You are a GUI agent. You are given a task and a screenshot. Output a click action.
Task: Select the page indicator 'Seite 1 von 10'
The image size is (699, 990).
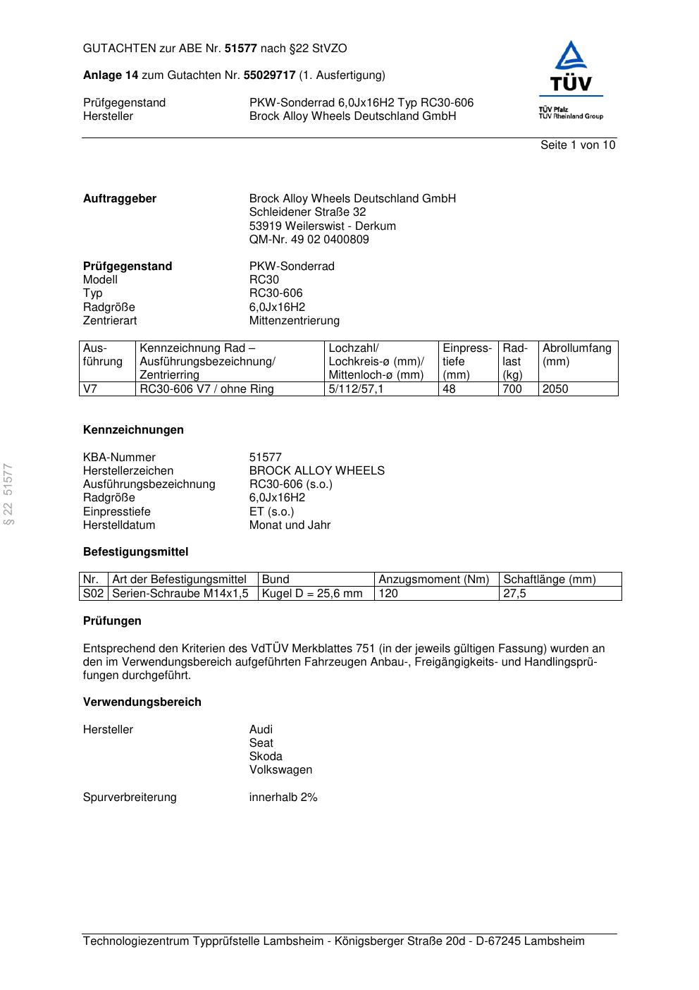pos(577,145)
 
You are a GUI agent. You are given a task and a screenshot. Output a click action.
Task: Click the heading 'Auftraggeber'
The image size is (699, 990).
pos(120,199)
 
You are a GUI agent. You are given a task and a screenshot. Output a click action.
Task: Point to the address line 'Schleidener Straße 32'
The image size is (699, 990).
pos(307,212)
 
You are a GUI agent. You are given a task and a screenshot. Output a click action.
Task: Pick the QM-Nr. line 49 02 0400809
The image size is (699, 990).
pos(309,240)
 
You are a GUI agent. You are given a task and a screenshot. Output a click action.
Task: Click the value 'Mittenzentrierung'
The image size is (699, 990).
pos(294,321)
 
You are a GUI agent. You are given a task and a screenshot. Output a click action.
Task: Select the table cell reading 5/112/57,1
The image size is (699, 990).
pos(356,389)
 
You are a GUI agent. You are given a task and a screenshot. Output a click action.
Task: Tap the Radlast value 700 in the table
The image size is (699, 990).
pos(512,389)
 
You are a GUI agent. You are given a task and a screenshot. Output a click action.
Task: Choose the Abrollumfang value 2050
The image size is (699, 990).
pos(555,389)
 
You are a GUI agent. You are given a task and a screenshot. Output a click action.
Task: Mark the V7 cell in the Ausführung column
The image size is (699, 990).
pos(90,389)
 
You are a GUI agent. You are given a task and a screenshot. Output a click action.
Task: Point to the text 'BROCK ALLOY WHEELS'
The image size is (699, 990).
pos(316,471)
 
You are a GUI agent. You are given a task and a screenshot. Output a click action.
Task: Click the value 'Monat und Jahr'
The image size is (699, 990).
pos(290,525)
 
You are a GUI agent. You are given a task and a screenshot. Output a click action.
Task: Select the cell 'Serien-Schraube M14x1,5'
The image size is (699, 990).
pos(180,594)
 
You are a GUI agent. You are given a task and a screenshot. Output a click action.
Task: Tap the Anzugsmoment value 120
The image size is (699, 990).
pos(388,594)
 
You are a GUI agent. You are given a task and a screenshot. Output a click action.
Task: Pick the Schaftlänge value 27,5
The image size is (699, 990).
pos(514,594)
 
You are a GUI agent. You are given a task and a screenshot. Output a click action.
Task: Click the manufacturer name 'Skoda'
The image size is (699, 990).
pos(266,757)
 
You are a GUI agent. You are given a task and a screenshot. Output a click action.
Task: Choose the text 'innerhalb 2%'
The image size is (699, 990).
pos(283,797)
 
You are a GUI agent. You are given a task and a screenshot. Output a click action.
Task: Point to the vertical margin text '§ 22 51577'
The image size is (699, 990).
pos(9,494)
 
